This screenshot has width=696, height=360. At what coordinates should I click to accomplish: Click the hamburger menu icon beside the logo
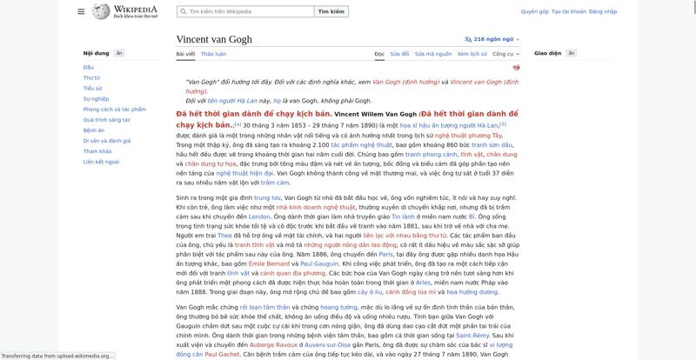point(81,11)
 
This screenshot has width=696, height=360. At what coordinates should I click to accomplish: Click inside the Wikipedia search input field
point(248,12)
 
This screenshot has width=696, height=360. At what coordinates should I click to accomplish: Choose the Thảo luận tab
point(213,54)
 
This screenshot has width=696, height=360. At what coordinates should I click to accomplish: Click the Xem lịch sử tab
point(472,54)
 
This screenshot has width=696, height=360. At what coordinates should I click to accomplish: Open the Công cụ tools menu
point(505,54)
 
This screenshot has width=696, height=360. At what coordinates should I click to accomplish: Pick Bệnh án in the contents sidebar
point(93,130)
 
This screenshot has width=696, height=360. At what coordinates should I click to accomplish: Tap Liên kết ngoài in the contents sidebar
point(101,162)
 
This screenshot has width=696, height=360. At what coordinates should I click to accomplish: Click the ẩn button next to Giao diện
point(572,53)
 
